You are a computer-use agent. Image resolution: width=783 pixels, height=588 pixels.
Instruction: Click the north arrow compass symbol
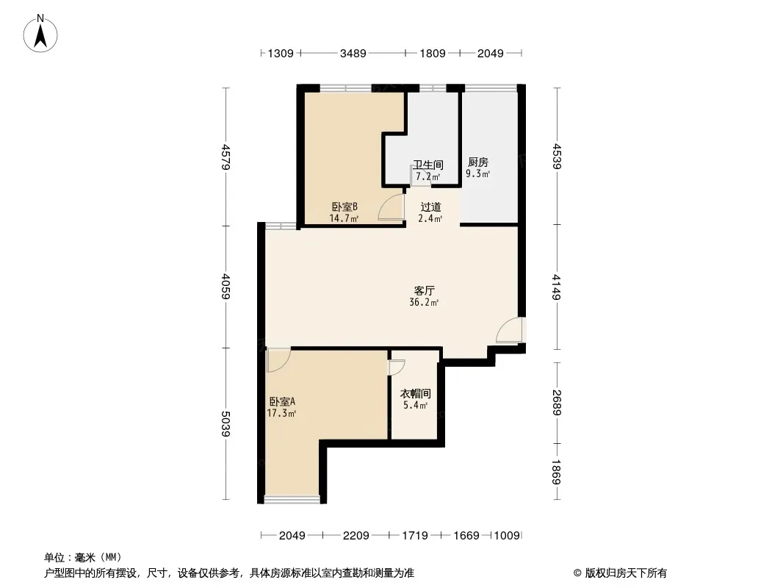tap(40, 34)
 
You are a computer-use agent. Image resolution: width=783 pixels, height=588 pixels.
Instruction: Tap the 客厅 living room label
tap(424, 290)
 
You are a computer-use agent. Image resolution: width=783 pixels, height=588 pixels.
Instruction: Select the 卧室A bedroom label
tap(282, 401)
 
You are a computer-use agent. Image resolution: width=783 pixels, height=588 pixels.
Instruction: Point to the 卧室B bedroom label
tap(344, 207)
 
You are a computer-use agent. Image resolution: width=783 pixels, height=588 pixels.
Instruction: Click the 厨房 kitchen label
tap(478, 162)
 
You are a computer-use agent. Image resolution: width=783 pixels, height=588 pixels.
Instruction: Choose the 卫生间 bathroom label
tap(428, 165)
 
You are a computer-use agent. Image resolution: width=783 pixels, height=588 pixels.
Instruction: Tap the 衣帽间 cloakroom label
tap(416, 394)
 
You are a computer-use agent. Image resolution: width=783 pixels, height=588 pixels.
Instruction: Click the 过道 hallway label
tap(430, 207)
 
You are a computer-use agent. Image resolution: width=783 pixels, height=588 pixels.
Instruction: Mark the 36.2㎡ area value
tap(424, 302)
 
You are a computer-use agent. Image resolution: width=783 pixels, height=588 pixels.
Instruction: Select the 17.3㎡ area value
tap(281, 413)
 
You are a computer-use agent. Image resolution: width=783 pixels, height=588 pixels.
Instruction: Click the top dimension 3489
tap(353, 53)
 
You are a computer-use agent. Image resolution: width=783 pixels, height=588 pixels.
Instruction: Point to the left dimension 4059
tap(225, 286)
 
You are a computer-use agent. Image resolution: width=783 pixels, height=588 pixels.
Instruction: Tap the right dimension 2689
tap(557, 402)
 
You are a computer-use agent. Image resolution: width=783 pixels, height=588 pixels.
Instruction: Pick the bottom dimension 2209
tap(356, 536)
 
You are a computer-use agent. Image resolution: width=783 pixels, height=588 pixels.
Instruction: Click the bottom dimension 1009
tap(508, 536)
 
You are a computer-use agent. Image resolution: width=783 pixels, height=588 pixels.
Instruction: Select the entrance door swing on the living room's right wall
tap(509, 330)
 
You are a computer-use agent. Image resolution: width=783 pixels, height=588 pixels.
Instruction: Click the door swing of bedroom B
tap(391, 207)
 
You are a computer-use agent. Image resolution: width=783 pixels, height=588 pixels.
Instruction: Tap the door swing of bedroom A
tap(278, 360)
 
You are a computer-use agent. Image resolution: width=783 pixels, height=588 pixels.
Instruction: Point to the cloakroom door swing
tap(397, 367)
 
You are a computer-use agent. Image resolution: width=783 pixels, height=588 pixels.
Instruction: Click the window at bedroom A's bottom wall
tap(292, 498)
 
